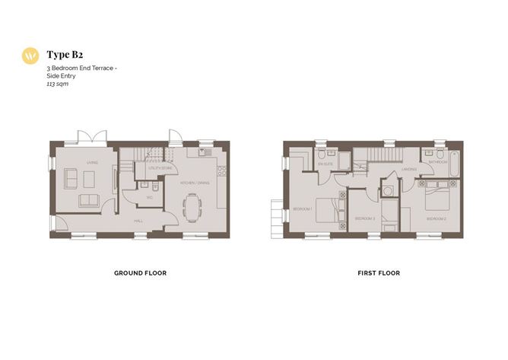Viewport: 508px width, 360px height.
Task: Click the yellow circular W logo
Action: point(30,56)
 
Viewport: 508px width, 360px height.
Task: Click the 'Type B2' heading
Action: point(64,55)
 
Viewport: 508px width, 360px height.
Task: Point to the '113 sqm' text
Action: point(58,84)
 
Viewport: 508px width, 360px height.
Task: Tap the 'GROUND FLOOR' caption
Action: point(140,272)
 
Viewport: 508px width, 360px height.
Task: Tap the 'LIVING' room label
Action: point(92,162)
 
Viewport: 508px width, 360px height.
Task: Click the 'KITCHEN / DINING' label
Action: point(194,183)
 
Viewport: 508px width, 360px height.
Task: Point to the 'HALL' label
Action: point(139,221)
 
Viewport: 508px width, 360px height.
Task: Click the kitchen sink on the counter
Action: point(204,153)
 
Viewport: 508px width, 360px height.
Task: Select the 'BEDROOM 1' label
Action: point(303,209)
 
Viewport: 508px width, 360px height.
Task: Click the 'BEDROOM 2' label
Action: point(436,218)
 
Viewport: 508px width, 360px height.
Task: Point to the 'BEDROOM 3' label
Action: point(365,218)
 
